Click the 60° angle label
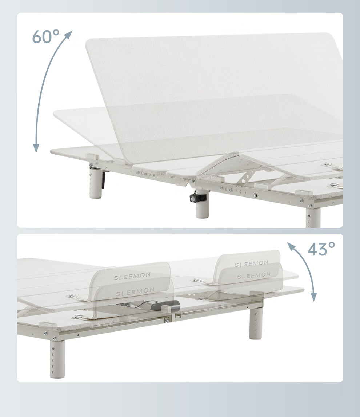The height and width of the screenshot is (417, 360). pyautogui.click(x=46, y=36)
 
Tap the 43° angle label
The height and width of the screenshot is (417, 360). pyautogui.click(x=321, y=249)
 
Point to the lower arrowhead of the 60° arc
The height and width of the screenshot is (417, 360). pyautogui.click(x=36, y=148)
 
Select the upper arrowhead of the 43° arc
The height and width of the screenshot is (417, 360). pyautogui.click(x=291, y=246)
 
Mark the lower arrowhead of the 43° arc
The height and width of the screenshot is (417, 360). pyautogui.click(x=314, y=297)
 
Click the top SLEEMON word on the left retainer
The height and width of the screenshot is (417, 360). pyautogui.click(x=132, y=276)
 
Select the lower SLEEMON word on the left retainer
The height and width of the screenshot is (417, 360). pyautogui.click(x=135, y=291)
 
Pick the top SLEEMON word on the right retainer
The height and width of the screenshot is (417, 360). pyautogui.click(x=251, y=263)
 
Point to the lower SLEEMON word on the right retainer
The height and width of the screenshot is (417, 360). pyautogui.click(x=254, y=276)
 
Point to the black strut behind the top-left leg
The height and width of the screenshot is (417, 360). pyautogui.click(x=103, y=179)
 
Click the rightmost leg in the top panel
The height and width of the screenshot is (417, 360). pyautogui.click(x=313, y=217)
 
